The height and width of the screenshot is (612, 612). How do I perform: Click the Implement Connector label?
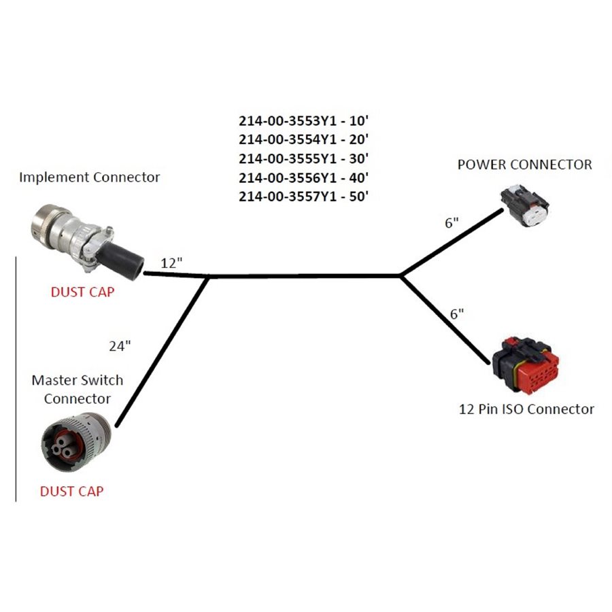[89, 177]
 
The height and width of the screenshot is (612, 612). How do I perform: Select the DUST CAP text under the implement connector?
[82, 292]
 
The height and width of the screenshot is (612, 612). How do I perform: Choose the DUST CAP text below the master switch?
[71, 491]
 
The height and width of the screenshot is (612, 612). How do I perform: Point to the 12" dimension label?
[172, 263]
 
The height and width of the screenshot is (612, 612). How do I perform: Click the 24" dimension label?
[120, 346]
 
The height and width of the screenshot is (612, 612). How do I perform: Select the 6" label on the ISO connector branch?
[458, 313]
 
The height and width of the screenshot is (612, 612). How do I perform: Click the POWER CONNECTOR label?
[524, 165]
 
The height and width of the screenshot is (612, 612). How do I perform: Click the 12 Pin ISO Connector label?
[526, 409]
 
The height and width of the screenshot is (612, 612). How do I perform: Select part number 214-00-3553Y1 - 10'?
[303, 122]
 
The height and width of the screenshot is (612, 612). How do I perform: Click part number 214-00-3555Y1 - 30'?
[303, 159]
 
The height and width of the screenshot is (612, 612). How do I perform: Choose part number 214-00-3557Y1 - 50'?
[303, 197]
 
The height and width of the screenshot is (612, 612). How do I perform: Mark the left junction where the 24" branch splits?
[207, 277]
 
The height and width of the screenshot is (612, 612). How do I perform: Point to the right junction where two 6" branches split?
[402, 275]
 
